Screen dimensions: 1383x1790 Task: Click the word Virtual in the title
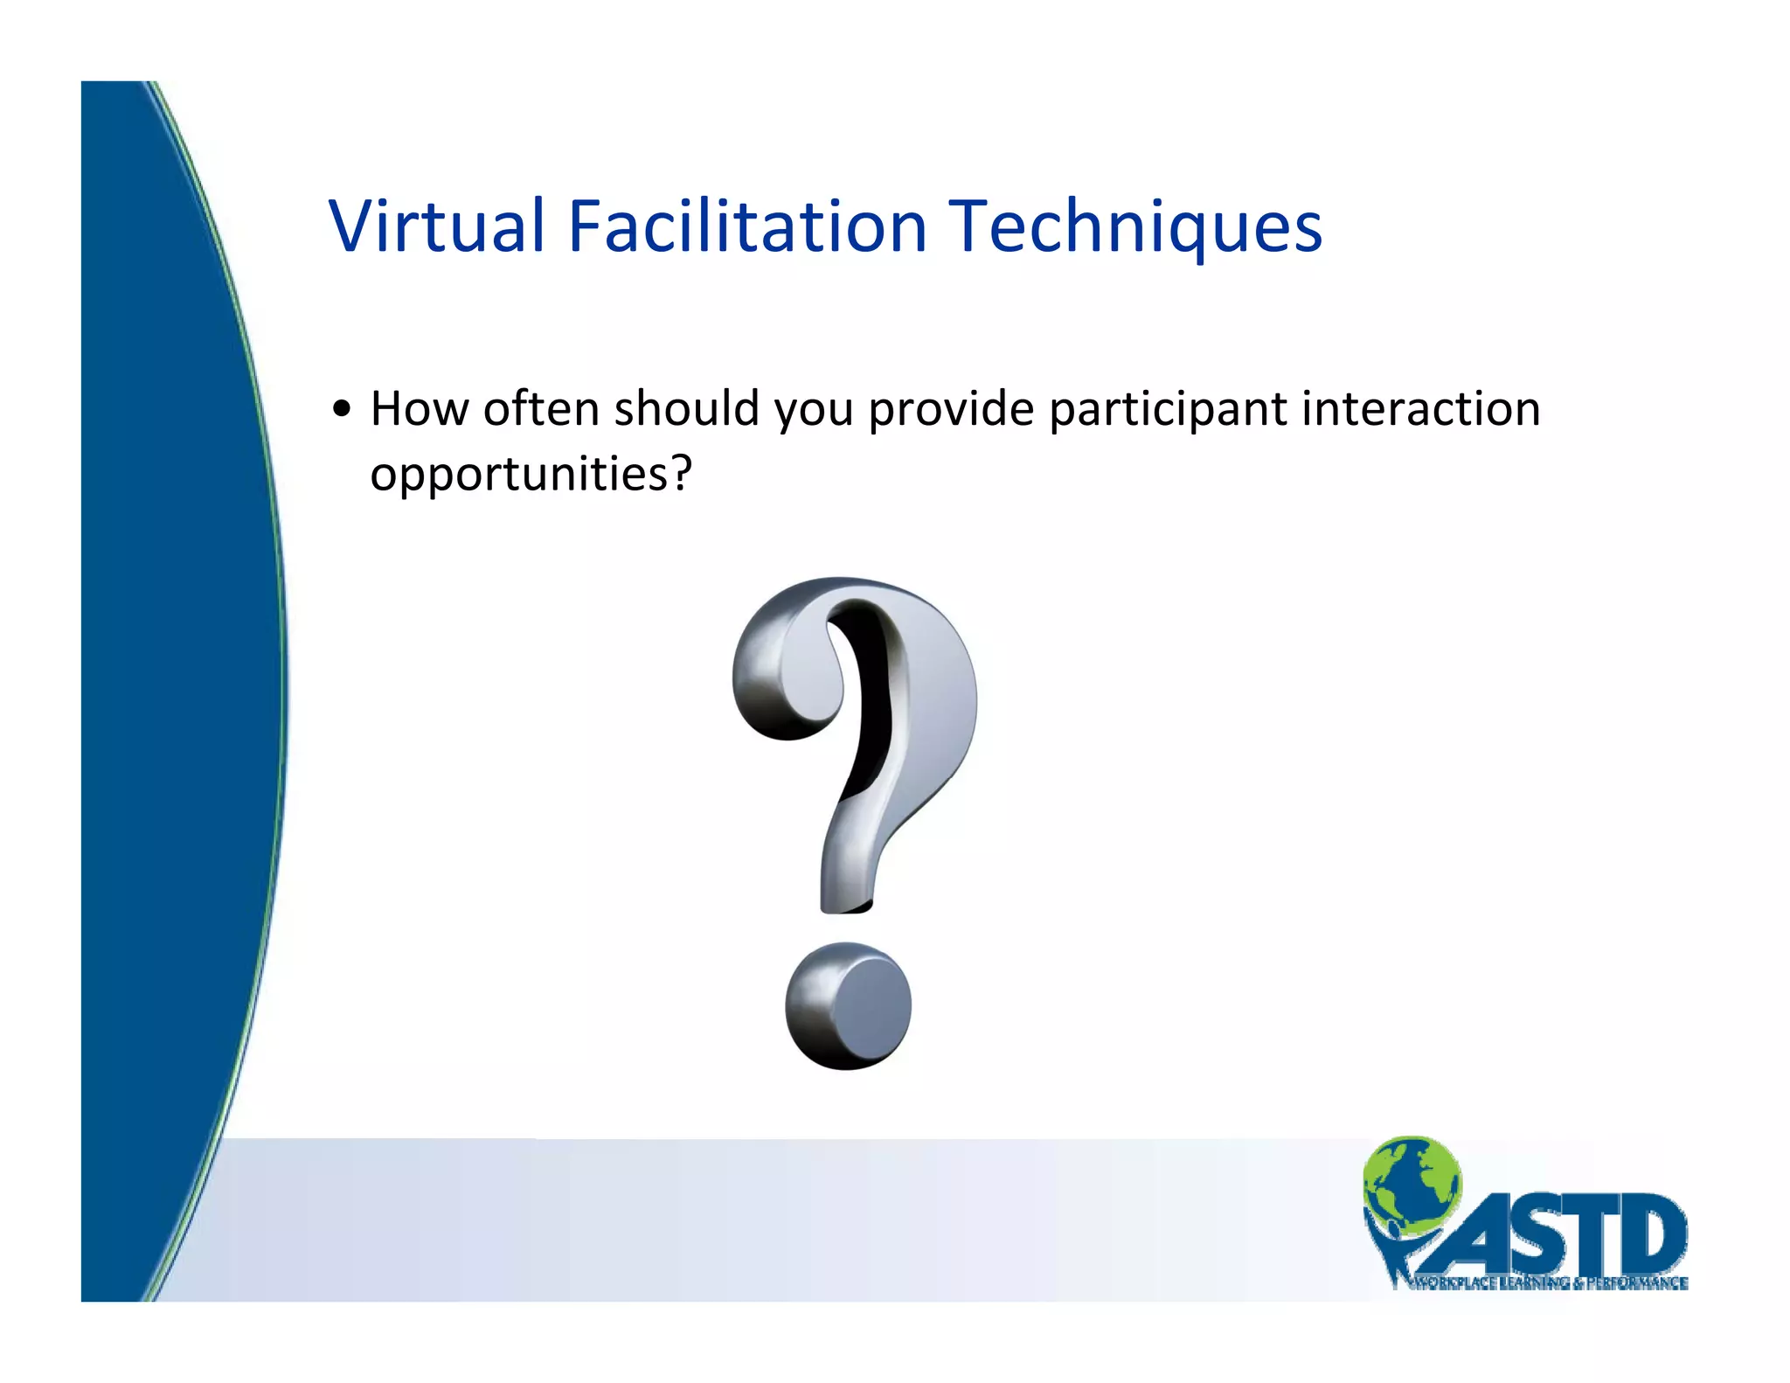pyautogui.click(x=437, y=226)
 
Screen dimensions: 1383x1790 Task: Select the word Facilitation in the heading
pyautogui.click(x=747, y=226)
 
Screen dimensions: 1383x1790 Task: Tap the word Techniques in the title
pyautogui.click(x=1135, y=226)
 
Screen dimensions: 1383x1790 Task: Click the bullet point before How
pyautogui.click(x=342, y=409)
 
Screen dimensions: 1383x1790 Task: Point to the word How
pyautogui.click(x=420, y=408)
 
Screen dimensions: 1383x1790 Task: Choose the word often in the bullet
pyautogui.click(x=541, y=408)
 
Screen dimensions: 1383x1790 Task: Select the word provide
pyautogui.click(x=952, y=408)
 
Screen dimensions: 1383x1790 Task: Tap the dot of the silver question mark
pyautogui.click(x=848, y=1006)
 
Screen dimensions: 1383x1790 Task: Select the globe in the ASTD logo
pyautogui.click(x=1411, y=1180)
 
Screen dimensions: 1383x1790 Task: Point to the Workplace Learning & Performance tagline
pyautogui.click(x=1547, y=1283)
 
